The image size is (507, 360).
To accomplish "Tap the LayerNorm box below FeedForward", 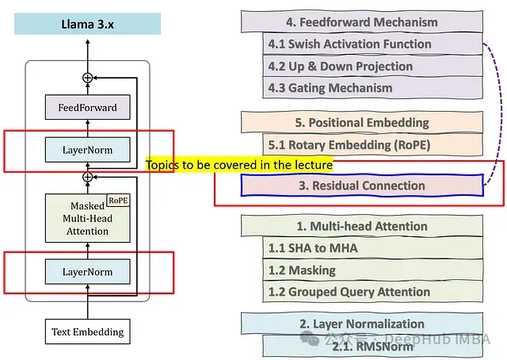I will pyautogui.click(x=87, y=149).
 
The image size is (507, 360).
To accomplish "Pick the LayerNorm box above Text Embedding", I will pyautogui.click(x=87, y=272).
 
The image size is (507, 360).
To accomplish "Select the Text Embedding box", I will pyautogui.click(x=87, y=331).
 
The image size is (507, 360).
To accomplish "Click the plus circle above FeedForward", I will pyautogui.click(x=87, y=78).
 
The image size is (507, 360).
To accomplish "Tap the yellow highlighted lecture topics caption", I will pyautogui.click(x=238, y=165).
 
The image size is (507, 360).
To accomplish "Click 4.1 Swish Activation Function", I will pyautogui.click(x=372, y=44).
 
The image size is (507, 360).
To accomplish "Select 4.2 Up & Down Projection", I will pyautogui.click(x=372, y=66).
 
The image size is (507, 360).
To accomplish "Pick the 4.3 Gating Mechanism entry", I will pyautogui.click(x=372, y=87).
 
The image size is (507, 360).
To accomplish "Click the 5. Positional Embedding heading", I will pyautogui.click(x=362, y=122).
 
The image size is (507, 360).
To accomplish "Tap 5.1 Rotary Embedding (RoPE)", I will pyautogui.click(x=372, y=144).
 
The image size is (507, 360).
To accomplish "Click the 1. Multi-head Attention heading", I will pyautogui.click(x=362, y=226).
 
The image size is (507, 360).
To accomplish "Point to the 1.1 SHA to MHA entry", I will pyautogui.click(x=372, y=248).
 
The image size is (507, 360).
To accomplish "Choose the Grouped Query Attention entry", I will pyautogui.click(x=372, y=291).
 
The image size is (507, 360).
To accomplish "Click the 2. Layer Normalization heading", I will pyautogui.click(x=362, y=324).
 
